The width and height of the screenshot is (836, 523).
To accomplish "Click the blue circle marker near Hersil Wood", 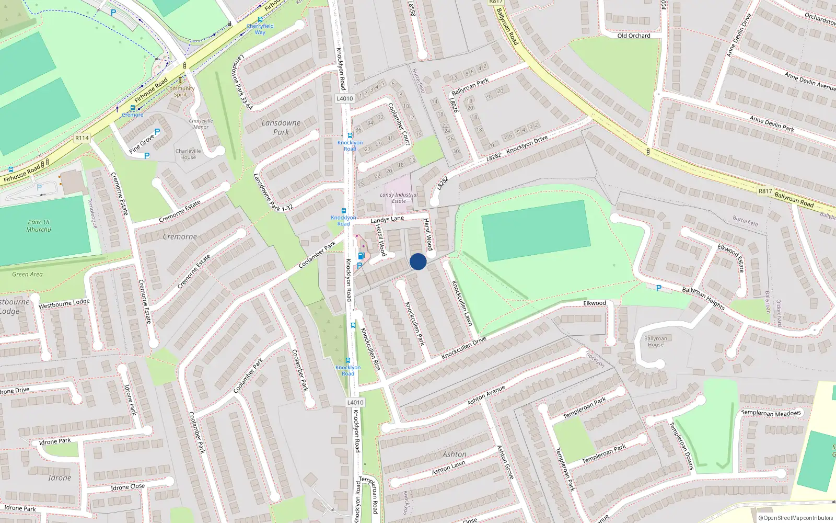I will pyautogui.click(x=418, y=261).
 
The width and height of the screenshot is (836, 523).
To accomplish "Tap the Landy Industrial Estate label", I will pyautogui.click(x=399, y=198).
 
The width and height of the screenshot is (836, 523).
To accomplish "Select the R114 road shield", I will pyautogui.click(x=82, y=138).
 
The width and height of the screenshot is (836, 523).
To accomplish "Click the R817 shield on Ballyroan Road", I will pyautogui.click(x=765, y=191).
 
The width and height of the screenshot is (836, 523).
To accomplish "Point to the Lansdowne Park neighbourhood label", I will pyautogui.click(x=281, y=127).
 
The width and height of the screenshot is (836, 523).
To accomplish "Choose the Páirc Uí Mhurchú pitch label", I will pyautogui.click(x=39, y=225).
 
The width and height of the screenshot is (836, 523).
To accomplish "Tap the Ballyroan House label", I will pyautogui.click(x=655, y=342).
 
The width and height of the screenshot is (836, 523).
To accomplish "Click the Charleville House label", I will pyautogui.click(x=188, y=154).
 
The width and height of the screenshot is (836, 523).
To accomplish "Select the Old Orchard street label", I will pyautogui.click(x=634, y=36).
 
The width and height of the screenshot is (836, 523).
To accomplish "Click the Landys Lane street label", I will pyautogui.click(x=387, y=219).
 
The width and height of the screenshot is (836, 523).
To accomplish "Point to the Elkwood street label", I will pyautogui.click(x=595, y=303).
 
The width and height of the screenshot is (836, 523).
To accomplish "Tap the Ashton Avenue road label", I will pyautogui.click(x=486, y=395).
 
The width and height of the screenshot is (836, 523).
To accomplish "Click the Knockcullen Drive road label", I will pyautogui.click(x=463, y=348).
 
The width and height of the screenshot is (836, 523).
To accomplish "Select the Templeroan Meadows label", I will pyautogui.click(x=771, y=413).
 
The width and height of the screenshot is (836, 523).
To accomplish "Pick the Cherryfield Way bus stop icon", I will pyautogui.click(x=260, y=19).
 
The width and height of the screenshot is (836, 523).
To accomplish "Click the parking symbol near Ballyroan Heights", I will pyautogui.click(x=658, y=288).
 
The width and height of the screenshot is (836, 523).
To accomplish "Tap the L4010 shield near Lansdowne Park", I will pyautogui.click(x=345, y=98).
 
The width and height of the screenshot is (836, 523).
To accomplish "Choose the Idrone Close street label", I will pyautogui.click(x=127, y=487).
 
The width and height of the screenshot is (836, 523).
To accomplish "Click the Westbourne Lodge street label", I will pyautogui.click(x=64, y=303).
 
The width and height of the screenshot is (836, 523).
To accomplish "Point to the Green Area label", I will pyautogui.click(x=28, y=274).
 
